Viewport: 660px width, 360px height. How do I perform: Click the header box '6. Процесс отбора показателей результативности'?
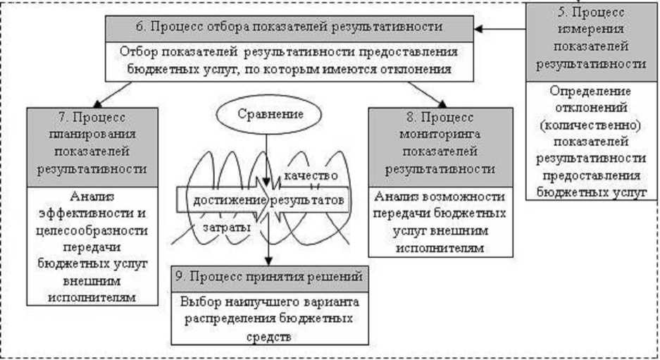289,27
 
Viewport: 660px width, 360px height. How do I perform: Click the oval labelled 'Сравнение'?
266,113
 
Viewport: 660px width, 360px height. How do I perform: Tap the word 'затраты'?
225,228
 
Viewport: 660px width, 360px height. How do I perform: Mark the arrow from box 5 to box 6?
499,28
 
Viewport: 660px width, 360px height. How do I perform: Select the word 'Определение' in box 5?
591,92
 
